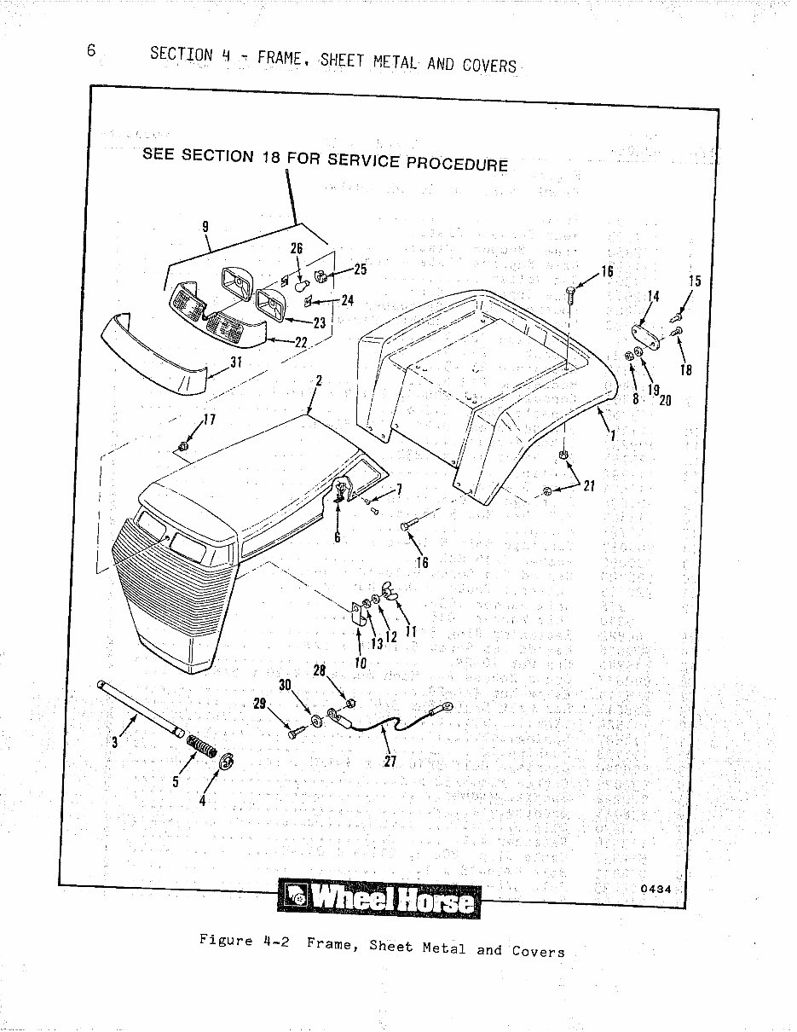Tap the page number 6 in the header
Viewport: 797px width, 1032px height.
coord(91,49)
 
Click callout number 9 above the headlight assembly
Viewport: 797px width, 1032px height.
coord(205,227)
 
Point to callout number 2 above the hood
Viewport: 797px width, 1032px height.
coord(318,381)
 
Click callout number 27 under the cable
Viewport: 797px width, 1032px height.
coord(390,762)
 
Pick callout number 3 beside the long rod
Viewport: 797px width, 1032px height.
coord(114,741)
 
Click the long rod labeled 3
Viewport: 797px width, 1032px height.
coord(141,704)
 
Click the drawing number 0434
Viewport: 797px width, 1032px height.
coord(656,889)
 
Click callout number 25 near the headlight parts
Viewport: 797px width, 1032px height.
coord(360,270)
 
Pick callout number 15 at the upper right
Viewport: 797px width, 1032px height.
coord(695,281)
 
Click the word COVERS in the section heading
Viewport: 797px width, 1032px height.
coord(489,65)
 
